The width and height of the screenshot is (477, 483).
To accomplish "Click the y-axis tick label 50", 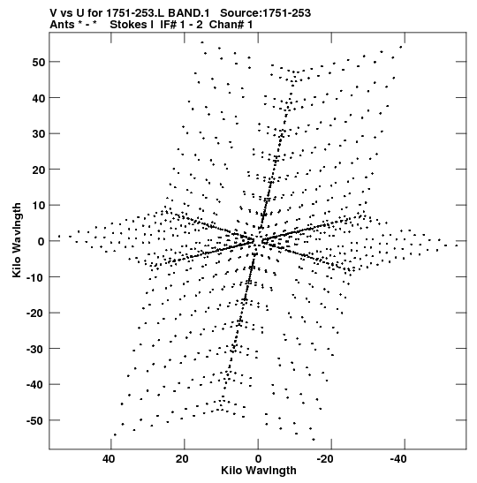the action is pyautogui.click(x=39, y=62).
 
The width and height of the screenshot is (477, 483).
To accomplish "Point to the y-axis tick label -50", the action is pyautogui.click(x=35, y=420).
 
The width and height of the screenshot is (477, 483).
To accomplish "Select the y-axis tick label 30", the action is pyautogui.click(x=39, y=133).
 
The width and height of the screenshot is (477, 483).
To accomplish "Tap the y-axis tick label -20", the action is pyautogui.click(x=35, y=313).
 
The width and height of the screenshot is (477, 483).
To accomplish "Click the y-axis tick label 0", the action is pyautogui.click(x=42, y=241).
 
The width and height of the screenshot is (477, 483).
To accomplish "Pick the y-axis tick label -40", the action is pyautogui.click(x=35, y=385).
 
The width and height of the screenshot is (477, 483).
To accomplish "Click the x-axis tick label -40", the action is pyautogui.click(x=398, y=459).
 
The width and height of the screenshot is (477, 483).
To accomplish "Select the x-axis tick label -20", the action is pyautogui.click(x=325, y=459).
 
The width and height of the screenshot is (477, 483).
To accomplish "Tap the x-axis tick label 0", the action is pyautogui.click(x=258, y=459).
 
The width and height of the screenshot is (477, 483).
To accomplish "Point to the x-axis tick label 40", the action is pyautogui.click(x=109, y=459).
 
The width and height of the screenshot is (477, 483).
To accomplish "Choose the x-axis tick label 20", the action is pyautogui.click(x=182, y=459).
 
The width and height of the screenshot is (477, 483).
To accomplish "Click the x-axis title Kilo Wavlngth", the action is pyautogui.click(x=259, y=471).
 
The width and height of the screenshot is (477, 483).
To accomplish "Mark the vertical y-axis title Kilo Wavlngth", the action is pyautogui.click(x=17, y=240).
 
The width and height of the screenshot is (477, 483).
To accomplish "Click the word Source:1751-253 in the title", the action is pyautogui.click(x=265, y=13).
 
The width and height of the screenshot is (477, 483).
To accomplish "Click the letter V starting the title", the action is pyautogui.click(x=53, y=13).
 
